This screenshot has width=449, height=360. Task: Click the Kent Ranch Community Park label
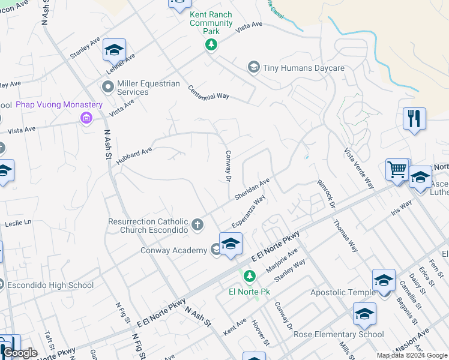pyautogui.click(x=211, y=23)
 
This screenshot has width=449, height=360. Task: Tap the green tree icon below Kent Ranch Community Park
pyautogui.click(x=211, y=45)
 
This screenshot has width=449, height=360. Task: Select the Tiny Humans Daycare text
pyautogui.click(x=304, y=68)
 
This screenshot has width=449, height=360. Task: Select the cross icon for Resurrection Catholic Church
pyautogui.click(x=197, y=226)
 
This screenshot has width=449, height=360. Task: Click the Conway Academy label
pyautogui.click(x=173, y=250)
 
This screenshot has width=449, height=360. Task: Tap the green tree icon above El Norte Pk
pyautogui.click(x=251, y=276)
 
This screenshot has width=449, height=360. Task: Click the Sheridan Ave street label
pyautogui.click(x=252, y=189)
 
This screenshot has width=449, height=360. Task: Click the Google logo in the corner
pyautogui.click(x=20, y=353)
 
